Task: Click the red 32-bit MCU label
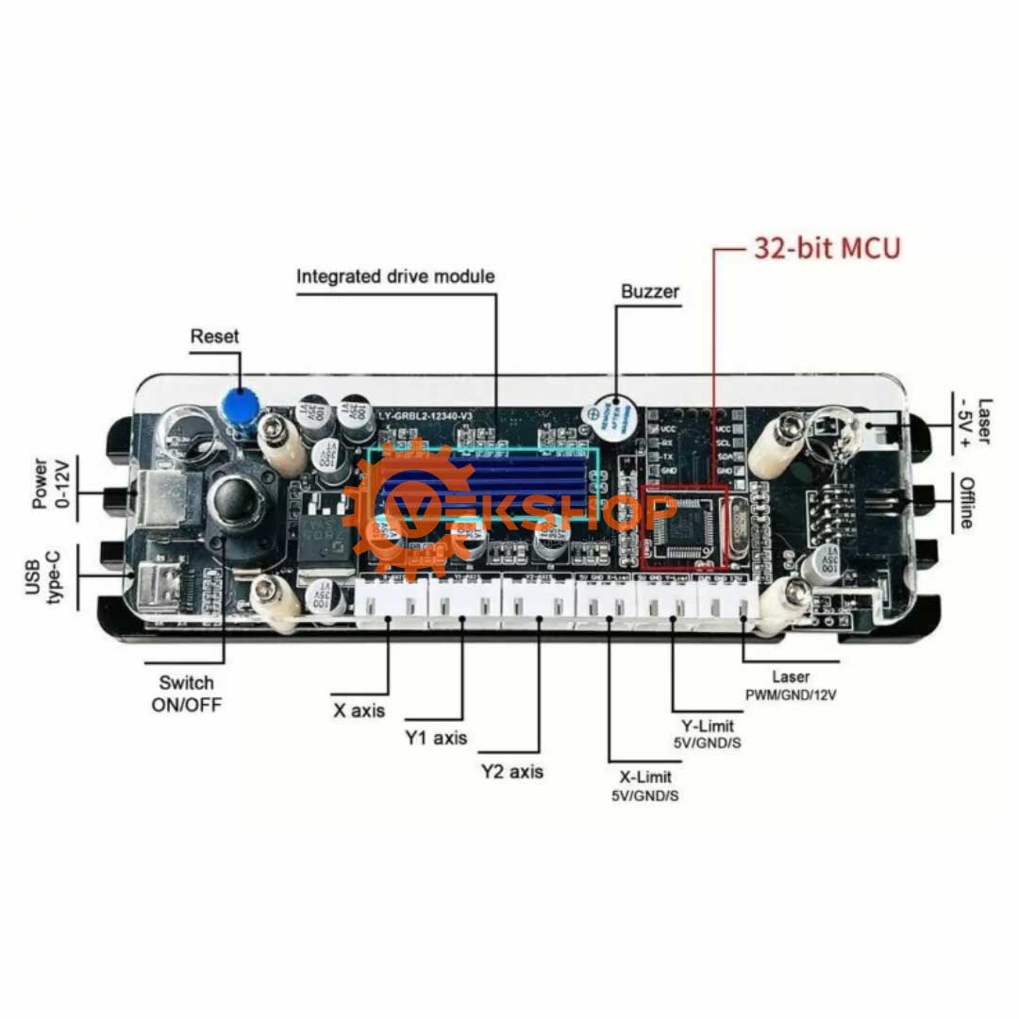(827, 248)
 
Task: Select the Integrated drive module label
(395, 276)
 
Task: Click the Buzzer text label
(649, 292)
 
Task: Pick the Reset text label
(214, 336)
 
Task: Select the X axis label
(359, 710)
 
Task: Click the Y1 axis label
(436, 738)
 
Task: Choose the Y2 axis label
(511, 772)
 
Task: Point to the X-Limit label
(645, 777)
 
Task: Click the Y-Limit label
(708, 727)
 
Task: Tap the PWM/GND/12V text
(791, 694)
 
